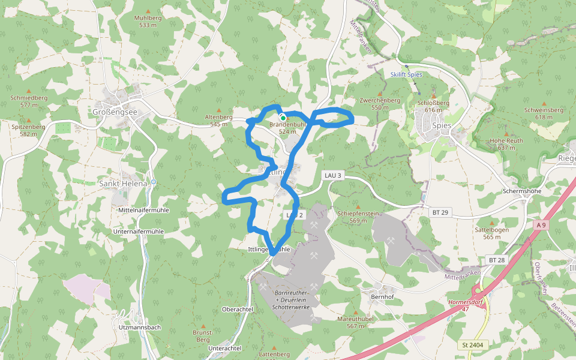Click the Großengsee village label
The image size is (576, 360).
click(x=115, y=112)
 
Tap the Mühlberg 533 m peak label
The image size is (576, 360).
click(x=148, y=22)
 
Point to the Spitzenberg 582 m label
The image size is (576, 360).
click(x=28, y=130)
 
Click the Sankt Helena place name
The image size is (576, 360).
click(x=122, y=183)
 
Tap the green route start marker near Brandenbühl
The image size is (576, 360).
click(x=283, y=118)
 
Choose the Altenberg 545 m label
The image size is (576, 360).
click(x=218, y=120)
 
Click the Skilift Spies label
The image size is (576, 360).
click(x=406, y=74)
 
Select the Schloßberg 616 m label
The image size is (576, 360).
click(x=433, y=106)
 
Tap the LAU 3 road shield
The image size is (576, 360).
click(x=332, y=175)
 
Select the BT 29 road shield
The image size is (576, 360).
click(x=440, y=212)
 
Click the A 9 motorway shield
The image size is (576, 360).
click(x=541, y=225)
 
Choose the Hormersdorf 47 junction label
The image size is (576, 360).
click(x=466, y=305)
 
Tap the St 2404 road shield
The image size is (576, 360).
click(x=473, y=345)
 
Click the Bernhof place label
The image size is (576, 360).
click(x=382, y=297)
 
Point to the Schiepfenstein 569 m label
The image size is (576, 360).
click(x=358, y=217)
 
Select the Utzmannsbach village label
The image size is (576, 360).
click(x=140, y=328)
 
